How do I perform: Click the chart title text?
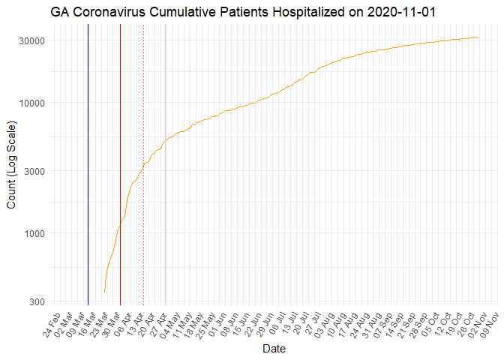point(244,13)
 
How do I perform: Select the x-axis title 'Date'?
point(273,348)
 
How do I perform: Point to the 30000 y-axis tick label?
point(29,40)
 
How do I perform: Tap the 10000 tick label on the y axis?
point(29,103)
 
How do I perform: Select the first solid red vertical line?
point(88,150)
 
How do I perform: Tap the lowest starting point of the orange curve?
point(104,290)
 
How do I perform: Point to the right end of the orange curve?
point(478,37)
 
